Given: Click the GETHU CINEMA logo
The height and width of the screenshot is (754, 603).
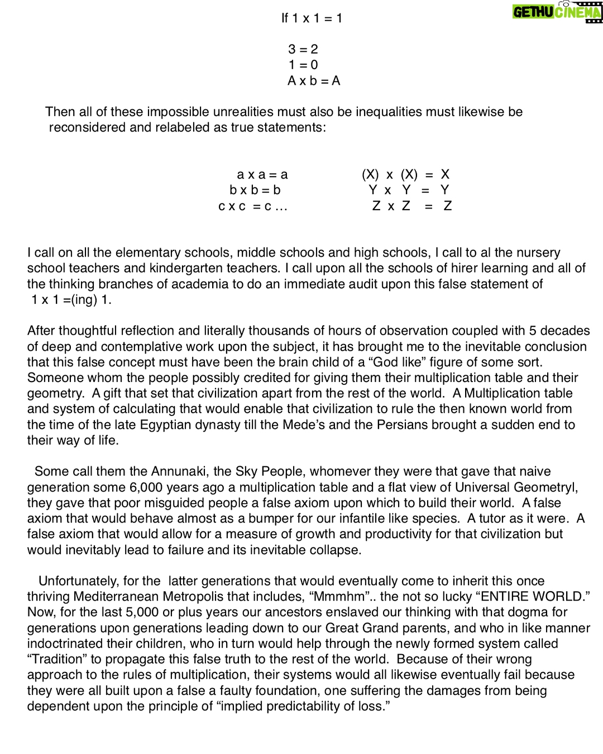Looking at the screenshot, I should coord(557,12).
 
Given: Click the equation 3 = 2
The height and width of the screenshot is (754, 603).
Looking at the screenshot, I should coord(303,49).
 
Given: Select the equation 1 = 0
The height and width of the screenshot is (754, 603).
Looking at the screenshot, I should coord(303,65).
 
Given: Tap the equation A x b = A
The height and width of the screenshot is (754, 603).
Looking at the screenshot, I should coord(313,81).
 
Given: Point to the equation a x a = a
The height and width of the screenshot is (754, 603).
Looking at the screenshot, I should coord(262,175).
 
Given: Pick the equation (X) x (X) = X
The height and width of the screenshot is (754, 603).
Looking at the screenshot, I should coord(405,175).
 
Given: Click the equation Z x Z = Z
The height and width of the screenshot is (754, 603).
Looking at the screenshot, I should coord(411,206).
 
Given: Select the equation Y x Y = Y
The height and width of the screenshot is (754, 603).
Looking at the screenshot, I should coord(409,190).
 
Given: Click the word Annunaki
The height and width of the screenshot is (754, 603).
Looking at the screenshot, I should coord(180,471).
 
